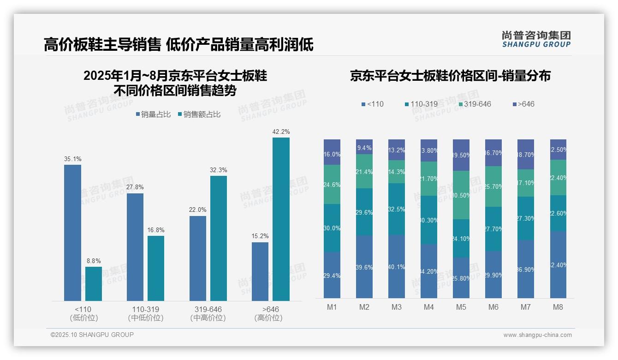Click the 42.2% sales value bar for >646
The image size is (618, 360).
(281, 219)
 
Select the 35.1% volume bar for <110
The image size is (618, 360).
(72, 233)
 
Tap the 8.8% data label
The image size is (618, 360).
(94, 261)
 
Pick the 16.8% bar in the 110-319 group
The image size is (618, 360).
(156, 268)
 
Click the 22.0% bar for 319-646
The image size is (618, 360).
(197, 258)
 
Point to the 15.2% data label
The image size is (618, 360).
(260, 236)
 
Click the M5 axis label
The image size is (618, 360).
(461, 307)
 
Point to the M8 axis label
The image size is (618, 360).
(558, 307)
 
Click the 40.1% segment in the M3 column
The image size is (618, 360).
(397, 266)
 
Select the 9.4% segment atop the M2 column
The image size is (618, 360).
(364, 147)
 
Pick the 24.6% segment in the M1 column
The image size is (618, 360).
(332, 185)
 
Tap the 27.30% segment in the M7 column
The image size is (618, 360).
(526, 218)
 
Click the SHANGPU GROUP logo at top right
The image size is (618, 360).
(536, 39)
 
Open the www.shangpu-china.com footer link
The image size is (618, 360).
(537, 335)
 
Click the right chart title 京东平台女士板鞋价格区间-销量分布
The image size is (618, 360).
(450, 76)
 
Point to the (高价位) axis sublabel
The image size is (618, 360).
(268, 318)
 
